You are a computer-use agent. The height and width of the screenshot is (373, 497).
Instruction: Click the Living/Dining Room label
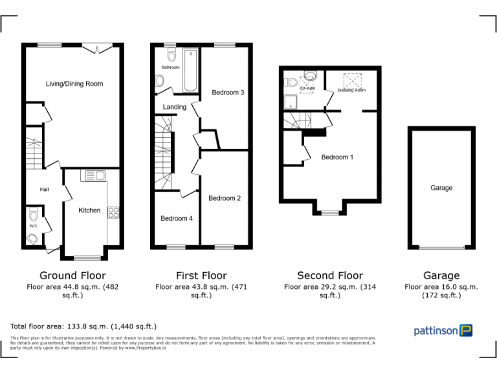tap(74, 84)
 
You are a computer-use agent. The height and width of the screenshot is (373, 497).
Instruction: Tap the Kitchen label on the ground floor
tap(89, 210)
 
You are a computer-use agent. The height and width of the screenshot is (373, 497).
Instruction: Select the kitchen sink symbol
tap(96, 175)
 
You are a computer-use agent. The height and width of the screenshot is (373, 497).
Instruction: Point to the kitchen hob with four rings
tap(113, 211)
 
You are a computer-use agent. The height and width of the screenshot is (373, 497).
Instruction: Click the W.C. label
tap(33, 226)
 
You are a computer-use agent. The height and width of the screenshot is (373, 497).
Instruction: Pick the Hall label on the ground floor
tap(45, 190)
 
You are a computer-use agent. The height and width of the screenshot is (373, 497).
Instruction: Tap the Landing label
tap(175, 107)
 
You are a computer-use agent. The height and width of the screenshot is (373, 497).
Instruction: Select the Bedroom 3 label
tap(228, 93)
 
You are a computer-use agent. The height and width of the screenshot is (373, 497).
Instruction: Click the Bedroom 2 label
tap(225, 198)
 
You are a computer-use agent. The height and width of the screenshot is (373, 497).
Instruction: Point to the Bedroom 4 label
tap(177, 219)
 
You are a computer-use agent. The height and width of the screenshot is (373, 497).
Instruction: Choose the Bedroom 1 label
tap(337, 157)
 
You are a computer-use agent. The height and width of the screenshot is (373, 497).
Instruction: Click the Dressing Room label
tap(351, 91)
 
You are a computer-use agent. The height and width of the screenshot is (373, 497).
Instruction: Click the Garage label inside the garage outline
tap(441, 188)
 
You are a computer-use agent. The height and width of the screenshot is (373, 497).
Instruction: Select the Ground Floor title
tap(72, 276)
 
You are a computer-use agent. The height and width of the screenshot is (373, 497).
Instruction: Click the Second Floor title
tap(330, 276)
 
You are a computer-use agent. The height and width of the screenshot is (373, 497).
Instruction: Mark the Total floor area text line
tap(83, 326)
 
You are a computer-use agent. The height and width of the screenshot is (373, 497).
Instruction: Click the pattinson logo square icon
tap(466, 330)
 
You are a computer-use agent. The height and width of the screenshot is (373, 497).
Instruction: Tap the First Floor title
tap(201, 276)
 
